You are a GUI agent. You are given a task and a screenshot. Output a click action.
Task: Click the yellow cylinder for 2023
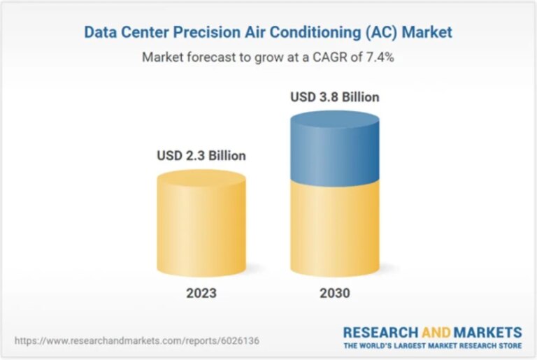pyautogui.click(x=201, y=223)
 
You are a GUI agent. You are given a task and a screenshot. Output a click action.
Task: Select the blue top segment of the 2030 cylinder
pyautogui.click(x=335, y=148)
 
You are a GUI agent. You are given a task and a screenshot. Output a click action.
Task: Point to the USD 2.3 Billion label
pyautogui.click(x=201, y=156)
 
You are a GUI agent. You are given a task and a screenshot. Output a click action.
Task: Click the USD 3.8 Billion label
pyautogui.click(x=335, y=97)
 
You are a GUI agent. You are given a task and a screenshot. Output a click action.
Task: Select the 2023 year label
pyautogui.click(x=201, y=293)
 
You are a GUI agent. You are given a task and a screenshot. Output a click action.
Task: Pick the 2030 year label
pyautogui.click(x=335, y=293)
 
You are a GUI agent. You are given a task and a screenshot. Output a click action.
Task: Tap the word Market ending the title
pyautogui.click(x=427, y=32)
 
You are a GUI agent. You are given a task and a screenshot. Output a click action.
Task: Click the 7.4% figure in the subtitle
pyautogui.click(x=380, y=57)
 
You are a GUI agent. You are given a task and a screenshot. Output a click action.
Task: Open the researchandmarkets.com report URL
pyautogui.click(x=137, y=341)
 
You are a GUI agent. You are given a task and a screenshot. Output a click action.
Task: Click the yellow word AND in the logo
pyautogui.click(x=436, y=333)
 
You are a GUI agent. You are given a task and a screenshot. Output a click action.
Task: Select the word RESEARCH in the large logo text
pyautogui.click(x=381, y=333)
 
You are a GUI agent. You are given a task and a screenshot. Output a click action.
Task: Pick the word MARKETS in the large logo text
pyautogui.click(x=488, y=333)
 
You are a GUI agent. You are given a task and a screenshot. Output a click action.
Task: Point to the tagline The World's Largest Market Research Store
pyautogui.click(x=433, y=345)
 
